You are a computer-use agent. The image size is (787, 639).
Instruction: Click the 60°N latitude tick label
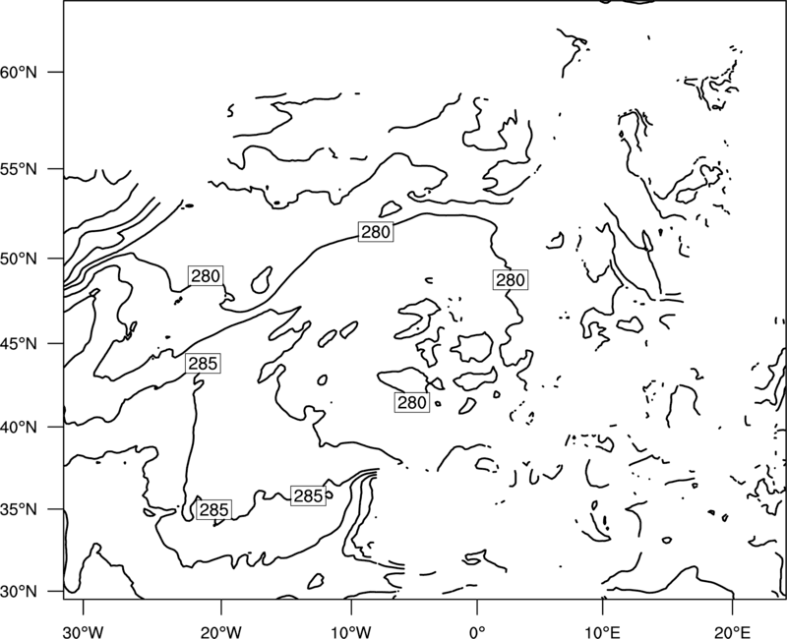19,72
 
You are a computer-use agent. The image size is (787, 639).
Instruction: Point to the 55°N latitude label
19,169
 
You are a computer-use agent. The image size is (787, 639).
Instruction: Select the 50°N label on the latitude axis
19,259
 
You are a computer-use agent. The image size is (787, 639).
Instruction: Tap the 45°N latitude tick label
19,343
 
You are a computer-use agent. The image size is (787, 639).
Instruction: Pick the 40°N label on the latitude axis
19,428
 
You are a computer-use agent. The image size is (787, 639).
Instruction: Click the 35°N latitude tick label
19,509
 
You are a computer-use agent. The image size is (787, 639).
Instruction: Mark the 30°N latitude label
19,592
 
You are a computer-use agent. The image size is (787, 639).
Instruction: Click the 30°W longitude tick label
84,632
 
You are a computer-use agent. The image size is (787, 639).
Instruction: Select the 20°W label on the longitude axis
220,632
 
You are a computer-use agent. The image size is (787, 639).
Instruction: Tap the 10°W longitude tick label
351,632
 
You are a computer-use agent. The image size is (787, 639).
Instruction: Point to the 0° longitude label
477,632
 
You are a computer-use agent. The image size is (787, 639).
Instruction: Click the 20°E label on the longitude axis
733,632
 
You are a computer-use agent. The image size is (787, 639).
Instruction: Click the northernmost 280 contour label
376,232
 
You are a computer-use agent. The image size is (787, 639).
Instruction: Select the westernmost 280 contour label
206,276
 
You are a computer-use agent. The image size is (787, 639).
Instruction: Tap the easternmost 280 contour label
511,280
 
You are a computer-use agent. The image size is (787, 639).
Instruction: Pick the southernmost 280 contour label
412,402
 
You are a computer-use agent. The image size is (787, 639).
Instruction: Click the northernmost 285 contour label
203,363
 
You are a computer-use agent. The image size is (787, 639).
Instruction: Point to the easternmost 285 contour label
308,496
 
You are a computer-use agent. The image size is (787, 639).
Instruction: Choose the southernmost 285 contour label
213,509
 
